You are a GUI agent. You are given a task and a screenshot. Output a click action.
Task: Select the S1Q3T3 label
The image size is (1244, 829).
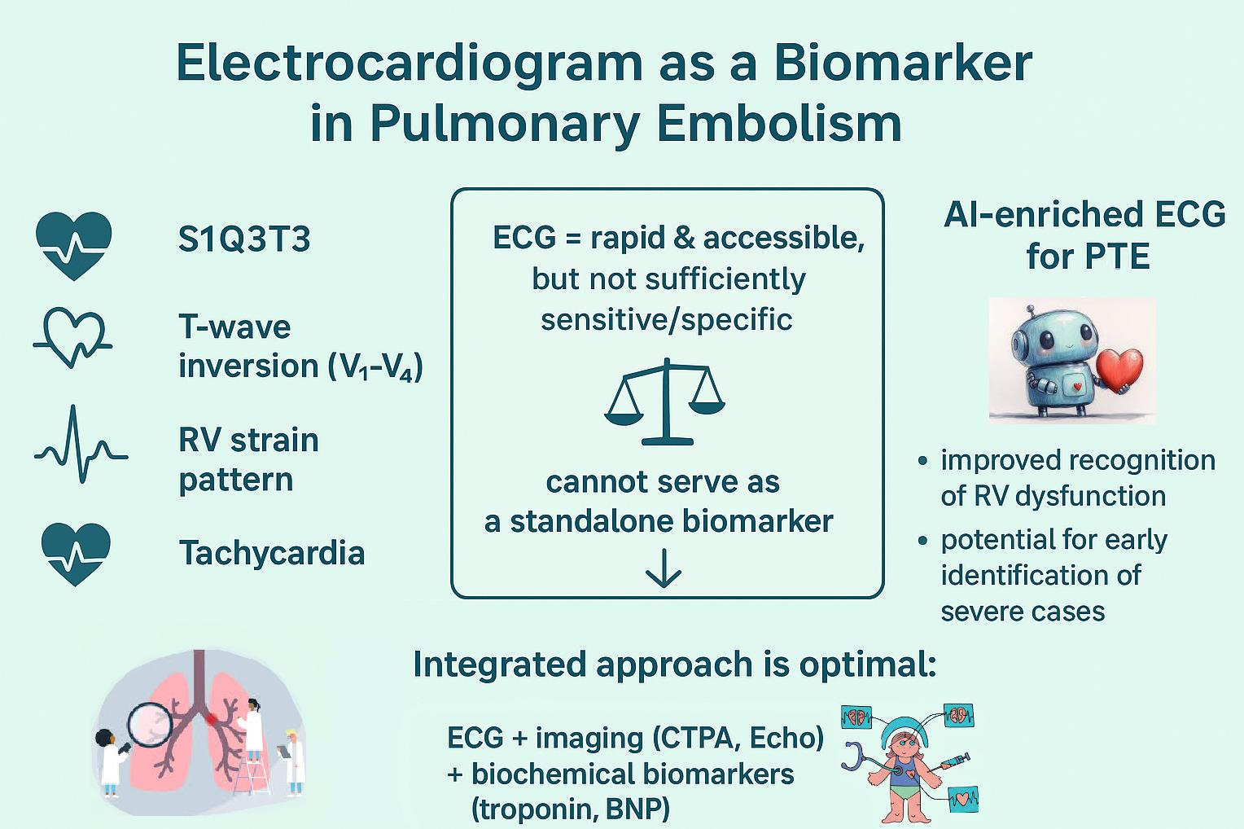point(244,240)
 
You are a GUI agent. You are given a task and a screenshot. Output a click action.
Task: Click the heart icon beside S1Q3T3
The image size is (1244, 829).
point(74,243)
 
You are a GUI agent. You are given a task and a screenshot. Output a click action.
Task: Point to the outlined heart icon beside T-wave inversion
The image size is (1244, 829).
point(73,336)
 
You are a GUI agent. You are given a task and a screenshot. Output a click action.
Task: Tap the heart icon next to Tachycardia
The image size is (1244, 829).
point(76,553)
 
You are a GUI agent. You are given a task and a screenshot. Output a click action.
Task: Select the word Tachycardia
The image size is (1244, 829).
point(272,554)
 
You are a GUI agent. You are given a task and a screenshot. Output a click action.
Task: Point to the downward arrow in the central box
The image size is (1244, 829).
point(664,568)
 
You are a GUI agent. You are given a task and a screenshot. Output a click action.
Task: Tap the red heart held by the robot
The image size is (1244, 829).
point(1120,369)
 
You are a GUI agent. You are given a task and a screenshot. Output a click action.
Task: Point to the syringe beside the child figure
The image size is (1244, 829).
point(953,763)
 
